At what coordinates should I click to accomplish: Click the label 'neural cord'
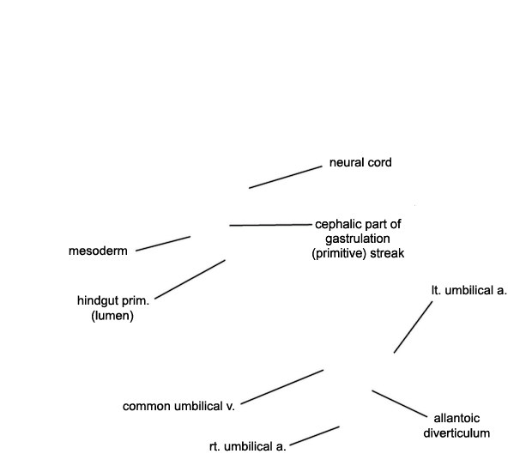pos(360,162)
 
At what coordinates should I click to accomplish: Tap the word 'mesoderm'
pos(98,251)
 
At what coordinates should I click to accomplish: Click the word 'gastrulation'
pos(358,239)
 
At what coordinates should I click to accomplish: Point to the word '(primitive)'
pos(339,253)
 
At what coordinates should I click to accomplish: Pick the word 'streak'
pos(387,253)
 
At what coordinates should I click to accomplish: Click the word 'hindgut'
pos(97,301)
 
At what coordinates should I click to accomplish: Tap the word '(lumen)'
pos(112,316)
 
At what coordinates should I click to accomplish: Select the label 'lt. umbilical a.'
pos(469,290)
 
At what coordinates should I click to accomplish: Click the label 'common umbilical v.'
pos(178,406)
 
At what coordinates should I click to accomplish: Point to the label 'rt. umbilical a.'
pos(248,446)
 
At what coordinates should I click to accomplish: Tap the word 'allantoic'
pos(456,419)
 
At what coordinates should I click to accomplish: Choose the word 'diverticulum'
pos(456,433)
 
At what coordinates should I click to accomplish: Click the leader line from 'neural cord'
pos(286,177)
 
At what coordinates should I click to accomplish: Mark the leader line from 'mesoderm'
pos(163,244)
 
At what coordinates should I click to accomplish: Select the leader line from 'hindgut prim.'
pos(190,279)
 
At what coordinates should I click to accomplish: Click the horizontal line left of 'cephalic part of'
pos(270,225)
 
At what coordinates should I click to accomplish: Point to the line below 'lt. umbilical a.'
pos(414,327)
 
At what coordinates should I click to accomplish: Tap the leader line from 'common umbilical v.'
pos(282,387)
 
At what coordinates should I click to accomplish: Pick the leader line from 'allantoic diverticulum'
pos(400,403)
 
